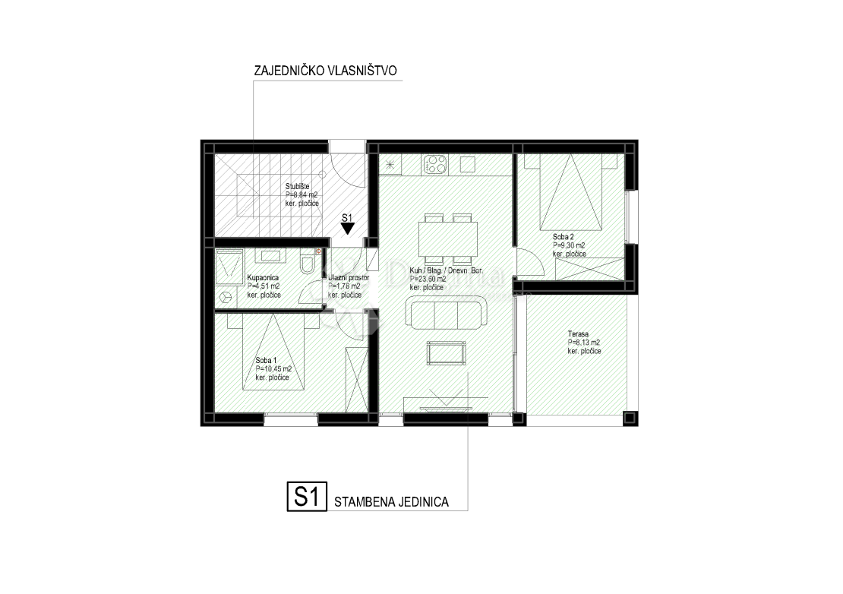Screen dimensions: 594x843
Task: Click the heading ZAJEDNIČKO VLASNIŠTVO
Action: (326, 71)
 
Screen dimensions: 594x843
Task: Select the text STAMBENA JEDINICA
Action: (390, 501)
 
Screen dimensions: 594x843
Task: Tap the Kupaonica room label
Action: (264, 278)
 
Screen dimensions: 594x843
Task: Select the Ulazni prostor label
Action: (349, 278)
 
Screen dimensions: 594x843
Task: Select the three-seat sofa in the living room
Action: (447, 314)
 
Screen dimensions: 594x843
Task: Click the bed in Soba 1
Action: (274, 353)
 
